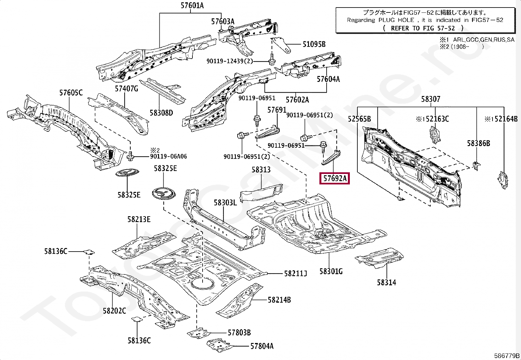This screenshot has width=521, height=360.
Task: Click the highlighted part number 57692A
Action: click(335, 179)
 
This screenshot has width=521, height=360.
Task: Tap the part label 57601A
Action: click(192, 5)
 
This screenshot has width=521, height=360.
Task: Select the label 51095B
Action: click(314, 44)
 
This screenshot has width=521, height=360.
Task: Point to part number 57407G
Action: click(126, 88)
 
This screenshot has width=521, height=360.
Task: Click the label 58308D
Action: click(161, 113)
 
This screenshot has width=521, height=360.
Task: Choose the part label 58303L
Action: click(225, 202)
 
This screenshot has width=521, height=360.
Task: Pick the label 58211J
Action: click(296, 274)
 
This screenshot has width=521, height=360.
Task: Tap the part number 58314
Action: click(386, 282)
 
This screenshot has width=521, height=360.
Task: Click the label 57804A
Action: click(262, 346)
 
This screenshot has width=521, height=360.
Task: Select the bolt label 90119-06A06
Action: click(169, 156)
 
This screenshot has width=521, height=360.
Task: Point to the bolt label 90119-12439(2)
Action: click(229, 61)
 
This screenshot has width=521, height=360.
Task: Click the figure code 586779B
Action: click(507, 355)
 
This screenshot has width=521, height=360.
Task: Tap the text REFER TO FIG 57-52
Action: click(422, 28)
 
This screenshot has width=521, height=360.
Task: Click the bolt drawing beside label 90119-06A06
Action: click(131, 156)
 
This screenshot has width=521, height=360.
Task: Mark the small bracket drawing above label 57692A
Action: click(331, 158)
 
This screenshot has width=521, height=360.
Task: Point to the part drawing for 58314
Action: click(379, 257)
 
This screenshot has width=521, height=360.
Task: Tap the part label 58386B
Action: click(478, 143)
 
